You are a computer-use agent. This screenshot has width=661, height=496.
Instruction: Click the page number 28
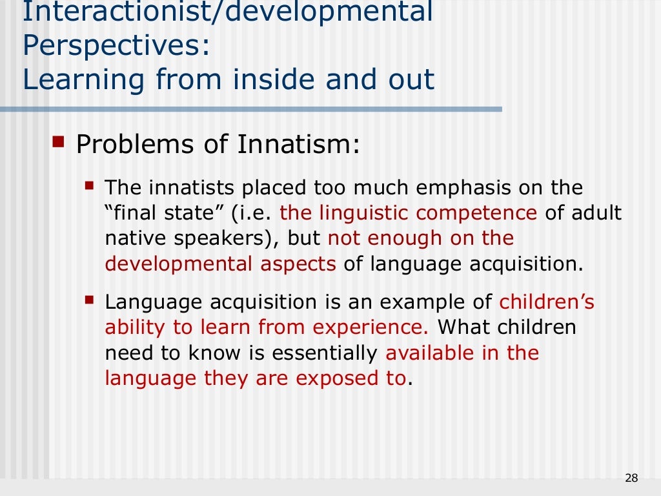coord(631,478)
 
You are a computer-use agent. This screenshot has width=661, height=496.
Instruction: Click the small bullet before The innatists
coord(90,187)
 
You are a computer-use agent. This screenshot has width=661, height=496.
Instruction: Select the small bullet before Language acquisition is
coord(90,300)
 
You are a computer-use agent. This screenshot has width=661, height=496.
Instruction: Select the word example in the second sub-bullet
coord(423,302)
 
